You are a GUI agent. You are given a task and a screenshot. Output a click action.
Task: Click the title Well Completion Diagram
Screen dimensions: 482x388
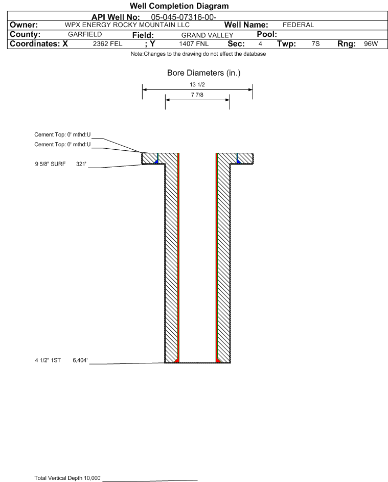(x=194, y=6)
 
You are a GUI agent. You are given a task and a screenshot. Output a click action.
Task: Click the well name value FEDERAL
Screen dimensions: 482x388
(x=294, y=25)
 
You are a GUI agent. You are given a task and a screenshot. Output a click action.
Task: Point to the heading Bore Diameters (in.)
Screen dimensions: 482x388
(x=203, y=73)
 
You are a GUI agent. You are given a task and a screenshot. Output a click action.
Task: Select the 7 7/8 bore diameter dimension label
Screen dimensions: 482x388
(x=197, y=95)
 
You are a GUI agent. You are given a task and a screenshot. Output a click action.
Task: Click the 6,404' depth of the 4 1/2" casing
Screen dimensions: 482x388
(x=80, y=360)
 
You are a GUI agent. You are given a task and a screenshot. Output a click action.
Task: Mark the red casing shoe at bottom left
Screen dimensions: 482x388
(x=176, y=361)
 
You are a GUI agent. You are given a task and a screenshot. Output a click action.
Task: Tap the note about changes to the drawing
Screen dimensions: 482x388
(x=197, y=54)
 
